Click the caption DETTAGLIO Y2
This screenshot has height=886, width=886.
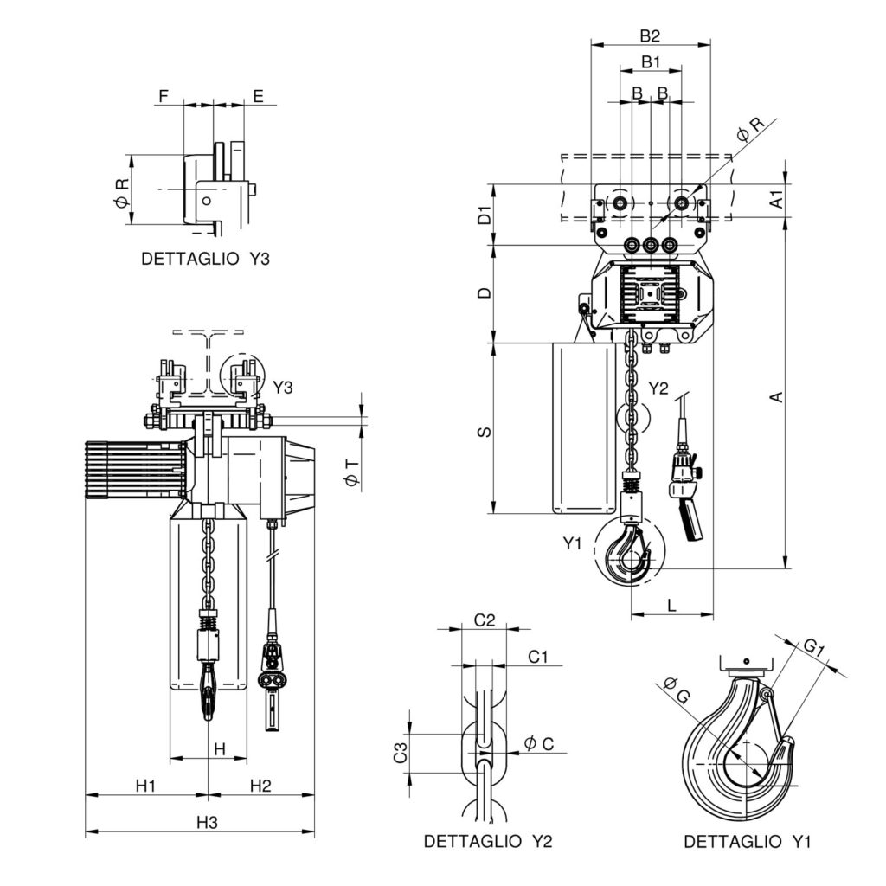488,841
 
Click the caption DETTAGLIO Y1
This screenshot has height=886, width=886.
748,841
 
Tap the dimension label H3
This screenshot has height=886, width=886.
206,822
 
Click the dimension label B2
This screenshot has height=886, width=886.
651,35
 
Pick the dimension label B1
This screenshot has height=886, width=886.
651,62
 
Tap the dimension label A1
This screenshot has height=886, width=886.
776,198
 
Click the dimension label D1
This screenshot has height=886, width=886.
485,215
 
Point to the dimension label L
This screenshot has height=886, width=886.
672,605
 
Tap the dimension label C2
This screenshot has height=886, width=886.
485,620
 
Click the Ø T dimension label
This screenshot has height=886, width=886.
350,472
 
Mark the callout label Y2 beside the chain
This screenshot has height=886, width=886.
658,388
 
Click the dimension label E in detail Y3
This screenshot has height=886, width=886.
258,95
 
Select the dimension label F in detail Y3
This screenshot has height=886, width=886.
164,95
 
